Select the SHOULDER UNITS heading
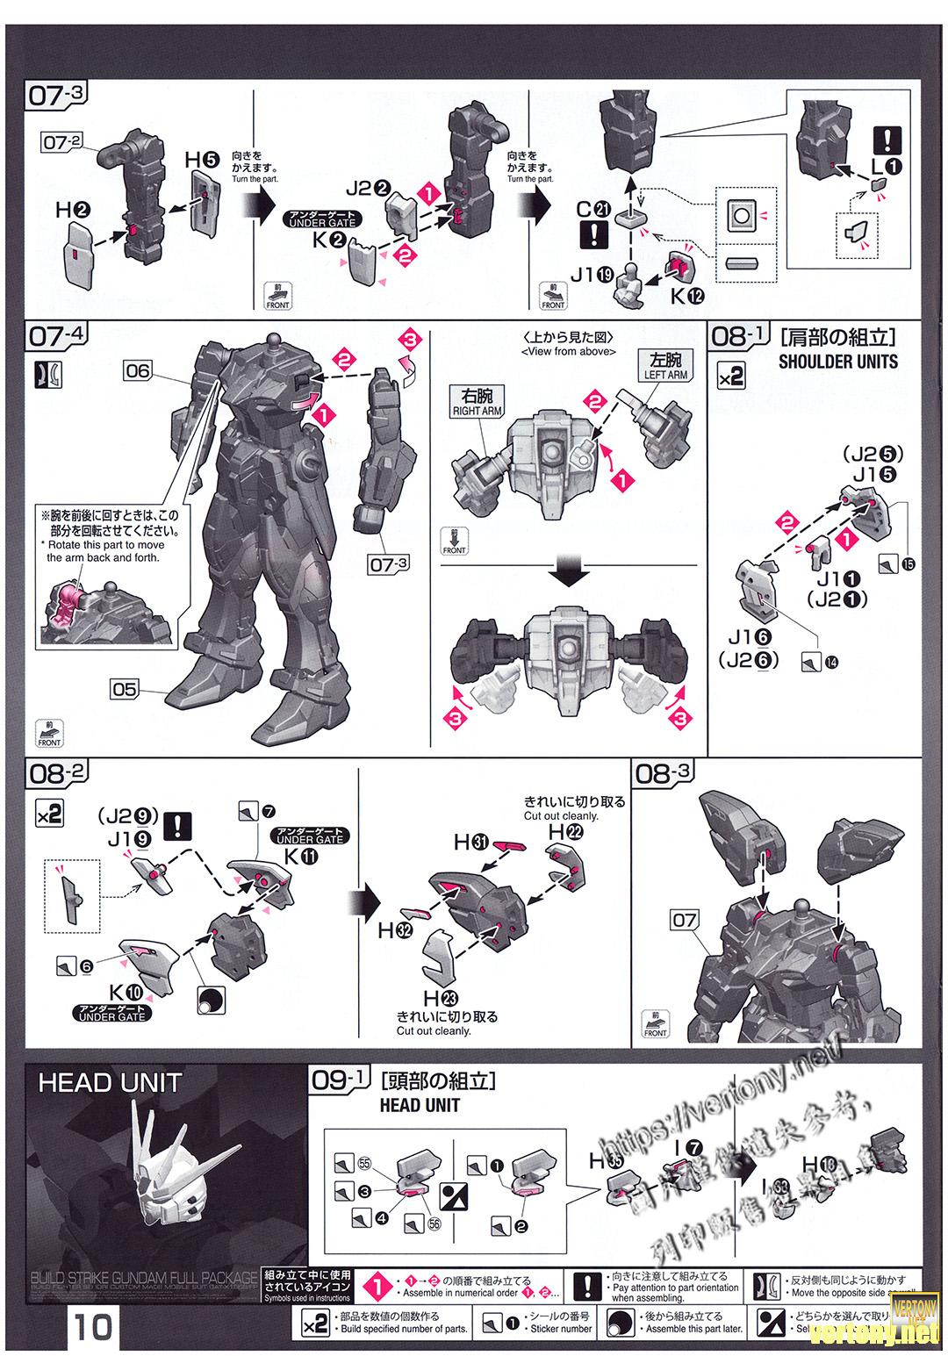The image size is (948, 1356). click(837, 361)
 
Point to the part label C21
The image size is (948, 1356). click(592, 210)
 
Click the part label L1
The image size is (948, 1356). click(887, 165)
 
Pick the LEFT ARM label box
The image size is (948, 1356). click(666, 365)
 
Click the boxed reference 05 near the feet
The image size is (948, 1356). click(124, 689)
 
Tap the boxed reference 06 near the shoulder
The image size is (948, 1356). click(138, 371)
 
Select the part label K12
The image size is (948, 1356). click(687, 297)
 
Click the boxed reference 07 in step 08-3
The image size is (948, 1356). click(684, 921)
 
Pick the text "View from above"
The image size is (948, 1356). click(566, 352)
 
